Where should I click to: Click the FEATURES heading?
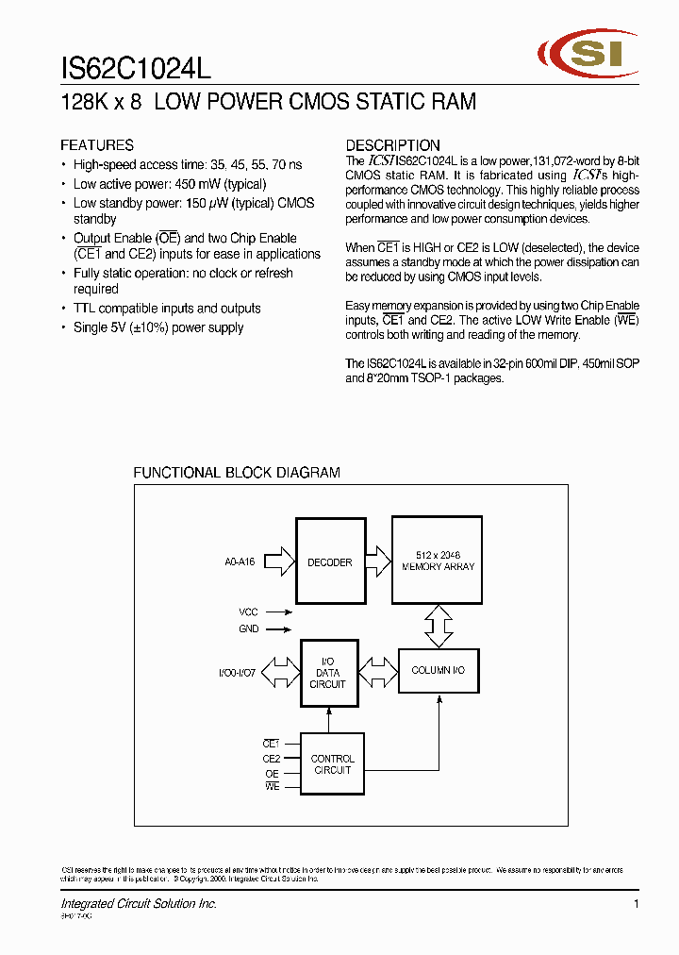pyautogui.click(x=97, y=145)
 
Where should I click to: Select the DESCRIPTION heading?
pyautogui.click(x=392, y=145)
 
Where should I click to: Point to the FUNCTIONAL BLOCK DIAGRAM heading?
pyautogui.click(x=237, y=473)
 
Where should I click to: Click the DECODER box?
pyautogui.click(x=329, y=561)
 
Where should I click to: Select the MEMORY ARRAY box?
pyautogui.click(x=438, y=561)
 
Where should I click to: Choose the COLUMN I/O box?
pyautogui.click(x=439, y=670)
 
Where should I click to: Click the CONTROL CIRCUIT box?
pyautogui.click(x=332, y=764)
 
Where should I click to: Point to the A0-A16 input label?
pyautogui.click(x=240, y=562)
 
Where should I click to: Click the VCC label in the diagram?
pyautogui.click(x=248, y=612)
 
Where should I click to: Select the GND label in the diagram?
pyautogui.click(x=248, y=629)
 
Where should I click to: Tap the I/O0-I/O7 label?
pyautogui.click(x=237, y=673)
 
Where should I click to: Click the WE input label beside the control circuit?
pyautogui.click(x=272, y=787)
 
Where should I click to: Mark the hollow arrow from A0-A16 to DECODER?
pyautogui.click(x=280, y=562)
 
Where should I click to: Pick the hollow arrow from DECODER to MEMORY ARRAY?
pyautogui.click(x=377, y=562)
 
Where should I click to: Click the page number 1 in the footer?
pyautogui.click(x=637, y=904)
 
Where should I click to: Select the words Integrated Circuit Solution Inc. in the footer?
pyautogui.click(x=139, y=904)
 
